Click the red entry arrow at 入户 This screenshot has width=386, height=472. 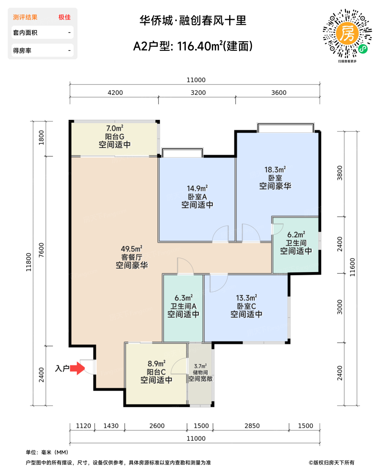[x=78, y=368]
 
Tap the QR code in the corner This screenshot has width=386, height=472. [x=347, y=34]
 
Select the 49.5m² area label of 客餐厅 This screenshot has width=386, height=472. [x=131, y=249]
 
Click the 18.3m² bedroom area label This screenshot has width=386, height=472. [x=275, y=170]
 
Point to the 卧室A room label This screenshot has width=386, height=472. [x=197, y=197]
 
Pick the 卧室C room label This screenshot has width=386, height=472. [x=246, y=306]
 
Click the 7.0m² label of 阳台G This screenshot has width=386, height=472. [x=114, y=128]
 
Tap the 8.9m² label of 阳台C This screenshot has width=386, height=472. [x=156, y=364]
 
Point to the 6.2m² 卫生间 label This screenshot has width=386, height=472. [x=296, y=235]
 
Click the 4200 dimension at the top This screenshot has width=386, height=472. [x=115, y=93]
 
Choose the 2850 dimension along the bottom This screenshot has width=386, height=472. [x=252, y=426]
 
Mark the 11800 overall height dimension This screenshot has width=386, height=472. [x=29, y=262]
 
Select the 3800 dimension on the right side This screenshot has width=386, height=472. [x=340, y=173]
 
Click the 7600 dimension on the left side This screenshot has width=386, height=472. [x=41, y=250]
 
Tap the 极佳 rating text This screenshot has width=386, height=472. [x=65, y=17]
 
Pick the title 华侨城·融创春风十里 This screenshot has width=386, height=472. [x=193, y=21]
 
